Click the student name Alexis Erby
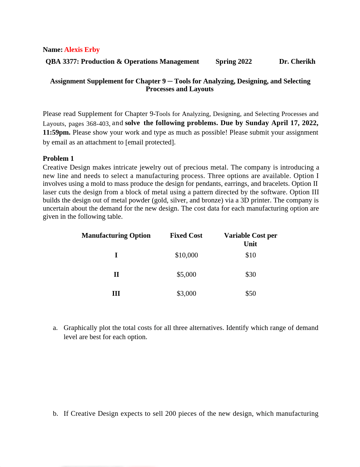[82, 50]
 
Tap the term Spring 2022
[234, 62]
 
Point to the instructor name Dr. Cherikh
[297, 62]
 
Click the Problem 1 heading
[58, 159]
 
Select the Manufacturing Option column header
[116, 236]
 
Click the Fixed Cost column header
[186, 236]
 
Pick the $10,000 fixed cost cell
[186, 255]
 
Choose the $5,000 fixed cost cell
[186, 275]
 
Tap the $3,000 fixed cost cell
[186, 294]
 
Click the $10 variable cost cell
[251, 255]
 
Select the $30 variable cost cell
[251, 275]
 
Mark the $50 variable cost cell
[251, 294]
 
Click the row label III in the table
[116, 294]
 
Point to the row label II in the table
[116, 275]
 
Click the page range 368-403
[98, 124]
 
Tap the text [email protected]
[150, 142]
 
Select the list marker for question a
[55, 328]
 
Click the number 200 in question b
[171, 414]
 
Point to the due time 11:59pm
[56, 133]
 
